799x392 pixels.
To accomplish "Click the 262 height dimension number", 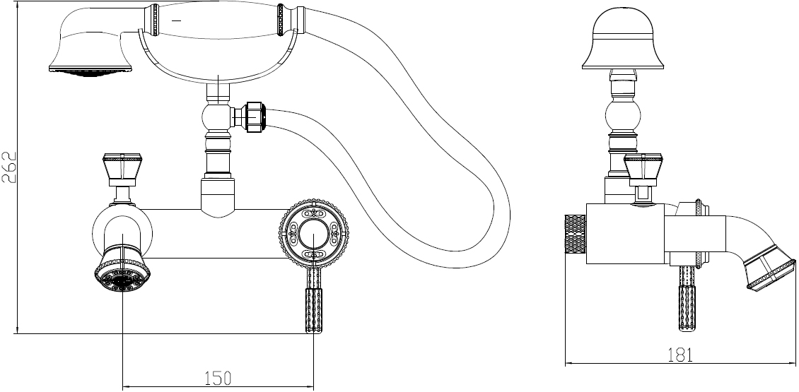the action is click(x=10, y=167).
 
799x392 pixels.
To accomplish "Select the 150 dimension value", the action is click(x=218, y=379).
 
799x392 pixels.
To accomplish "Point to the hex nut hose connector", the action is click(x=255, y=117).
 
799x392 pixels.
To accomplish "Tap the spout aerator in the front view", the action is click(x=122, y=272).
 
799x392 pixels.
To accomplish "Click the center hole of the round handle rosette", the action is click(x=313, y=234).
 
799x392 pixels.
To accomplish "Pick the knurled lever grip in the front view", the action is click(x=313, y=311).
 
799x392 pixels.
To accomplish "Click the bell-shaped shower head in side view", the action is click(x=623, y=39).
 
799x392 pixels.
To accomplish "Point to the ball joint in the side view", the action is click(x=623, y=116).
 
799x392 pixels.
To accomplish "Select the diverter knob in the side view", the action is click(x=643, y=167).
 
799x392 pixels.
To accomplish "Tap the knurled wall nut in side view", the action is click(x=576, y=234).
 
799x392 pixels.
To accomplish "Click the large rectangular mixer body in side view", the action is click(x=625, y=234).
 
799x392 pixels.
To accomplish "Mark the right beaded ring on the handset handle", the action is click(x=280, y=20).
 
